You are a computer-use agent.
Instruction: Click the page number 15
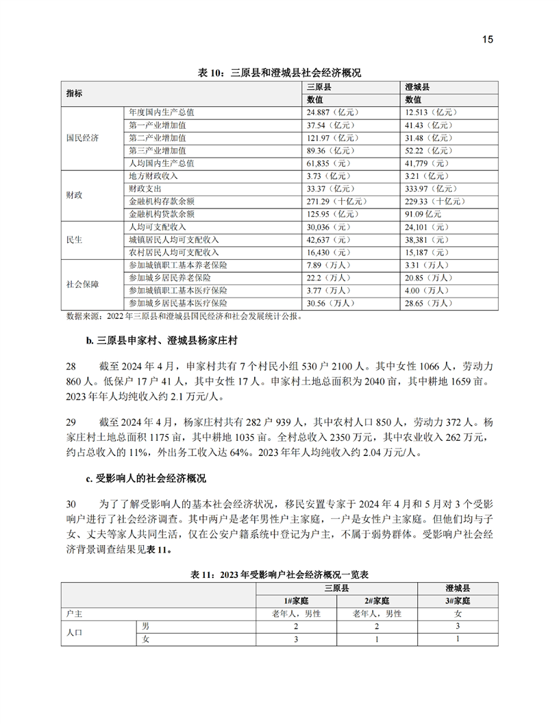coord(487,39)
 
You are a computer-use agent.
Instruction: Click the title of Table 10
coord(279,73)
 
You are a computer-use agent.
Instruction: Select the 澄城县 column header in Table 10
coord(417,88)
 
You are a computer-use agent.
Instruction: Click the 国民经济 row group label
coord(82,138)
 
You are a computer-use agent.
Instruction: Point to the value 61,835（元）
coord(329,163)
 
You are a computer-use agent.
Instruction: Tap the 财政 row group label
coord(74,195)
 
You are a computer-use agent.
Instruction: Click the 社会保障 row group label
coord(82,284)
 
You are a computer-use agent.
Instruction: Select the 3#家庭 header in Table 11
coord(457,601)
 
